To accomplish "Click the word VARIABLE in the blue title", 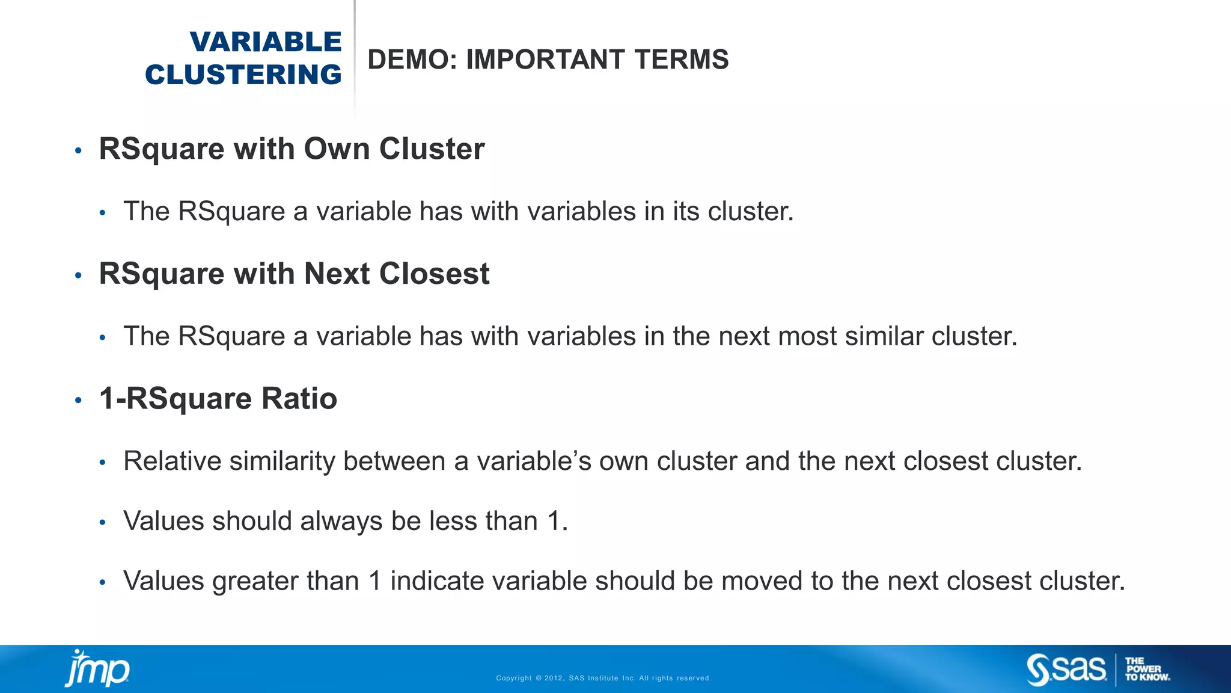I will tap(266, 42).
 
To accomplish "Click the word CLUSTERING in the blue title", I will tap(243, 75).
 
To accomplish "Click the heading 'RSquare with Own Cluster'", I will tap(292, 149).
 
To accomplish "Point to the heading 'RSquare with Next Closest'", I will tap(294, 274).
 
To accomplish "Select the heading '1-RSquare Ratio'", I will tap(218, 398).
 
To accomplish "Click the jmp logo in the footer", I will tap(97, 668).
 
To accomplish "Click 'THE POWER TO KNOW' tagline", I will tap(1147, 669).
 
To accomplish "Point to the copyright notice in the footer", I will tap(603, 678).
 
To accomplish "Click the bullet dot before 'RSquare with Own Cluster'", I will tap(78, 150).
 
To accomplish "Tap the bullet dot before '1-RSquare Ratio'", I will tap(78, 400).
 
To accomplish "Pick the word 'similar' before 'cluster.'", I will tap(884, 336).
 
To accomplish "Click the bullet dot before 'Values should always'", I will tap(103, 523).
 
